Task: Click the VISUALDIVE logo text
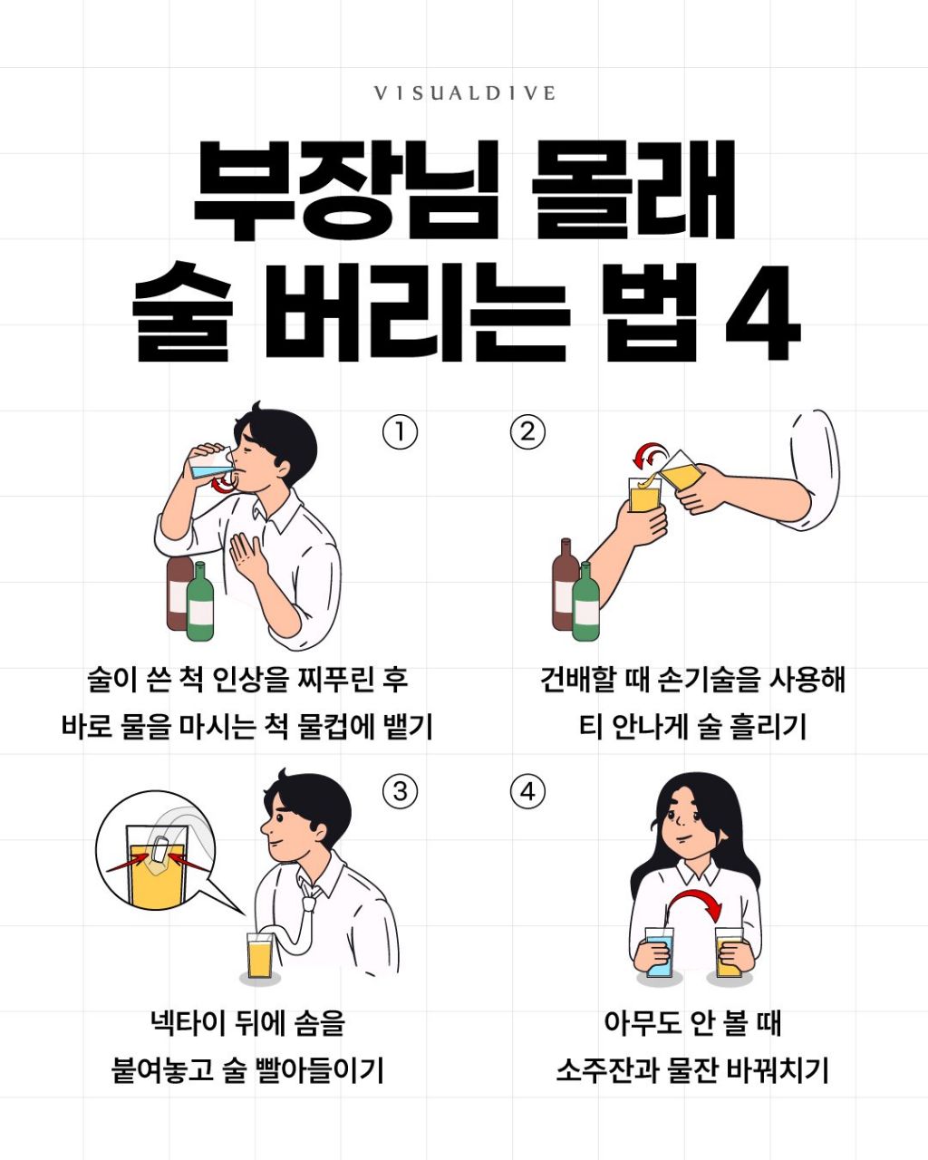[x=464, y=93]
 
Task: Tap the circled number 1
[x=400, y=431]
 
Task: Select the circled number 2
[x=528, y=431]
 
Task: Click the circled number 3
[x=400, y=792]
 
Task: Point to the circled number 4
[x=528, y=792]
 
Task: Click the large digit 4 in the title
[x=762, y=313]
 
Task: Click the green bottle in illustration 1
[x=200, y=601]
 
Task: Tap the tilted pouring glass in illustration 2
[x=681, y=470]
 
